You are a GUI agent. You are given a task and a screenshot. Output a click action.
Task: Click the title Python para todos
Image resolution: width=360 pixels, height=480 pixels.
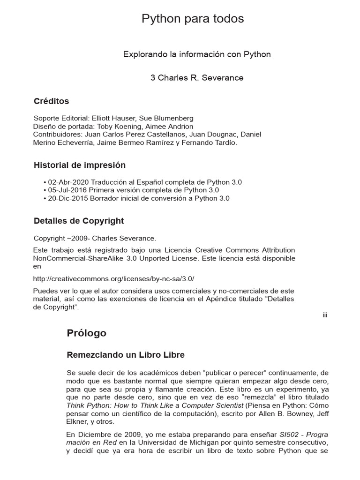click(193, 19)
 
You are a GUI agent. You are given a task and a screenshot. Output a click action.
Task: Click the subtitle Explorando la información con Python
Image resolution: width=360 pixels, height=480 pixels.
click(197, 54)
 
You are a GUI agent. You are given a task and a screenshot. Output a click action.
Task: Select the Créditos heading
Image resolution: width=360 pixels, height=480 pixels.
click(52, 101)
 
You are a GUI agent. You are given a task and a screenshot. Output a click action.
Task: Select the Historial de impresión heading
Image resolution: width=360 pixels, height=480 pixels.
click(80, 165)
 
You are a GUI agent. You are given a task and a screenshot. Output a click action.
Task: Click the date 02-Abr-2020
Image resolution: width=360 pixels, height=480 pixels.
click(68, 182)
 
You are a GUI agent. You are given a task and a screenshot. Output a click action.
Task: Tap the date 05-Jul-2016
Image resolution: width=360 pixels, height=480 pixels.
click(68, 190)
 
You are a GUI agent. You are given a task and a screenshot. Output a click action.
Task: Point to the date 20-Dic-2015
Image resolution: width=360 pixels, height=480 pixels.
click(68, 198)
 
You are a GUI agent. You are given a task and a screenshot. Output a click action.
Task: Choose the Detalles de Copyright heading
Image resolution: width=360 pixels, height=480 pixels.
click(79, 221)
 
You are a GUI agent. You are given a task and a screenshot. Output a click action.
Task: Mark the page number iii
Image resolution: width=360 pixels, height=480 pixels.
click(324, 315)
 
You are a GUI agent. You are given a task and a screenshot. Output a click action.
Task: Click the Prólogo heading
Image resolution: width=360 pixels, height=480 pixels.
click(87, 333)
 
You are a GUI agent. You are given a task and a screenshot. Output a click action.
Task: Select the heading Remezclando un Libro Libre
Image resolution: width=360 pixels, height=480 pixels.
click(126, 355)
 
